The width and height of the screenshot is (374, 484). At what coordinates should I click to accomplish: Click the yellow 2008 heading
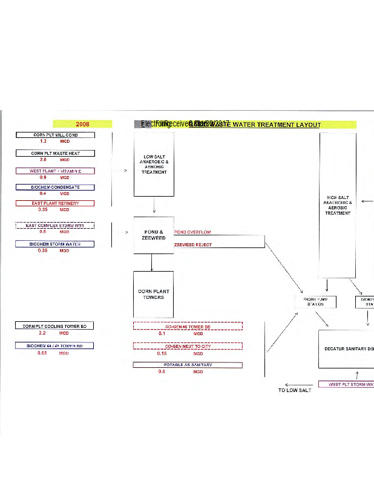[x=83, y=125]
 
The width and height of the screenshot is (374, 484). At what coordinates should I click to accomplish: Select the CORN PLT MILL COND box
[x=55, y=136]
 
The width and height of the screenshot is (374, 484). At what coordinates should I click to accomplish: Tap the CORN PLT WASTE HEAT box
[x=55, y=154]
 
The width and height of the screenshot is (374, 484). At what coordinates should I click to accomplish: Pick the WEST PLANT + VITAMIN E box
[x=55, y=171]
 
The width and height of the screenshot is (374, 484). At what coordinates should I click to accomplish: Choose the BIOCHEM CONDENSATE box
[x=55, y=188]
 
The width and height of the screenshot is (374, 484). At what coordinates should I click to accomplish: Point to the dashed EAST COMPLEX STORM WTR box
[x=55, y=226]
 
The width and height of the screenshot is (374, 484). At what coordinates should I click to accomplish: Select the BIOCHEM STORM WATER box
[x=55, y=244]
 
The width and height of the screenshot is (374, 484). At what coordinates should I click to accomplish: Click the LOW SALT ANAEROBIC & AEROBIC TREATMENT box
[x=154, y=164]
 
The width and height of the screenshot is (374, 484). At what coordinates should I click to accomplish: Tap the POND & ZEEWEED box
[x=154, y=235]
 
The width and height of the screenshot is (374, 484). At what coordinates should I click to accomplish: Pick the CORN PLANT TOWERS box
[x=154, y=294]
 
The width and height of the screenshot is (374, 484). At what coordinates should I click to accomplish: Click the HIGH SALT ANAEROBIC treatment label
[x=338, y=205]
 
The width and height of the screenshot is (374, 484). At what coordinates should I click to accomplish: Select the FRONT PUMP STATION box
[x=315, y=301]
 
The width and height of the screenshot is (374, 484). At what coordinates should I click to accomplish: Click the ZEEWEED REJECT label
[x=193, y=245]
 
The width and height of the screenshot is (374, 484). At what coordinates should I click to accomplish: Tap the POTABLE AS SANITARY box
[x=188, y=365]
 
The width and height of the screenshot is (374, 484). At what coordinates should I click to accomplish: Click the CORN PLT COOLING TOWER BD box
[x=55, y=326]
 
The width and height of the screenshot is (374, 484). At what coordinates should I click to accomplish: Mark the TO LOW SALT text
[x=294, y=390]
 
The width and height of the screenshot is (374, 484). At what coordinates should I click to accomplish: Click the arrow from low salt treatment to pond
[x=154, y=206]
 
